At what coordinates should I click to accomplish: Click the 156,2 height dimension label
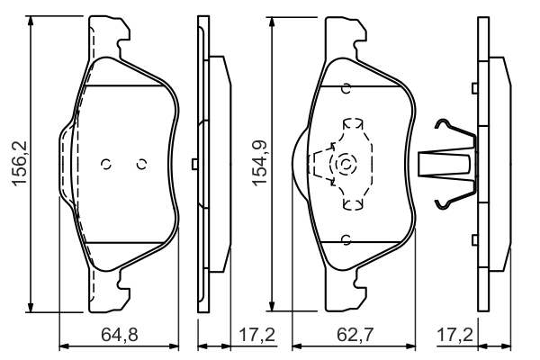20,165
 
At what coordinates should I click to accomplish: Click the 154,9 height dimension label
260,163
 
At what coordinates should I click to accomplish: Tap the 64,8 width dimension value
120,334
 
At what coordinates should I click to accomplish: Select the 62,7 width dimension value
355,334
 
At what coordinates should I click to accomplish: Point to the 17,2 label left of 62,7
256,334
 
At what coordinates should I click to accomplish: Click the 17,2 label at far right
455,334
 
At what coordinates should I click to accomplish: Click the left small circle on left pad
106,164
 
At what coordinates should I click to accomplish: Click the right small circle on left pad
141,164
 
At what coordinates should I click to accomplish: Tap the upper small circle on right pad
346,88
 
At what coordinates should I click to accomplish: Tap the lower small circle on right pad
346,239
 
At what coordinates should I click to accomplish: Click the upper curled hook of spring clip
443,123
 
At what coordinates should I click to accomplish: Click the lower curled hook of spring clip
443,204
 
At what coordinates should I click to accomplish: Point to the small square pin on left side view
194,164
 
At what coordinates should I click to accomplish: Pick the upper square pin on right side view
475,88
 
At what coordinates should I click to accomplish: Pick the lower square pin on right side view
475,239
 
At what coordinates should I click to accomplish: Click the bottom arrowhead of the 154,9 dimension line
272,305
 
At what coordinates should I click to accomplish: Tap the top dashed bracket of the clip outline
353,123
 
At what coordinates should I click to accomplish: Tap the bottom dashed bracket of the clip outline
353,204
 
